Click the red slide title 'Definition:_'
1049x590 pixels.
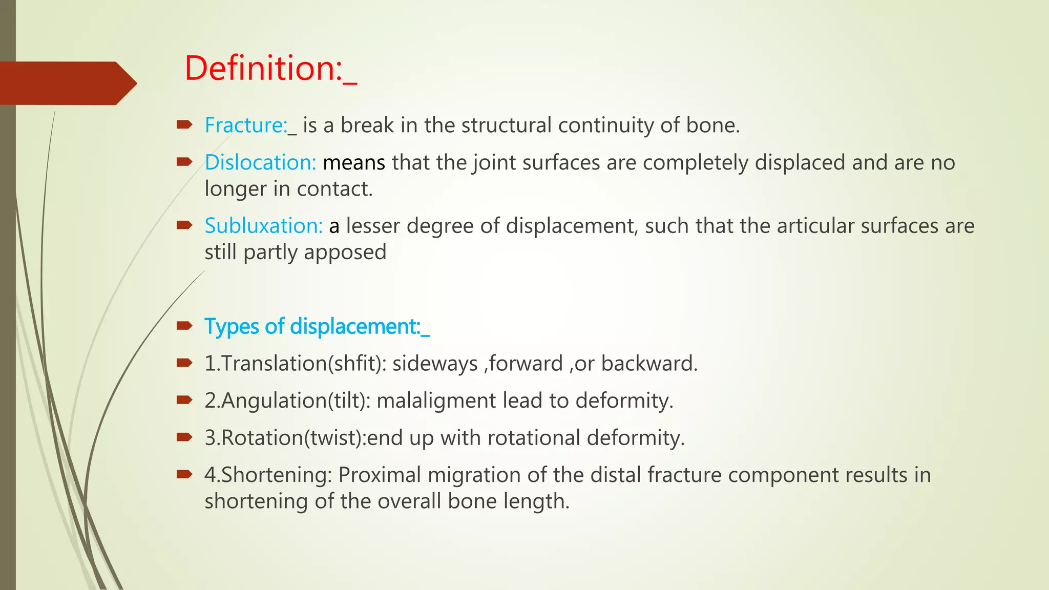point(270,68)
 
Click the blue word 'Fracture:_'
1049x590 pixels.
point(250,125)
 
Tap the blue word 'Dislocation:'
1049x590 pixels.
point(260,163)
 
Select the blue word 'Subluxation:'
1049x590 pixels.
point(263,226)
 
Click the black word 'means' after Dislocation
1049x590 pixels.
point(354,163)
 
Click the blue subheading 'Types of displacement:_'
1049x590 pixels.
point(317,327)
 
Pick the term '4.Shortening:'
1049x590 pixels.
point(268,475)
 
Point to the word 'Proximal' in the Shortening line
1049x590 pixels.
point(380,475)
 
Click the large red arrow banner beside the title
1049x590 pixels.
point(67,83)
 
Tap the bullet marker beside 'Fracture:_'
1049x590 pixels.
point(184,124)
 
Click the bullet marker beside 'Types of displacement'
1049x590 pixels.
point(184,326)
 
